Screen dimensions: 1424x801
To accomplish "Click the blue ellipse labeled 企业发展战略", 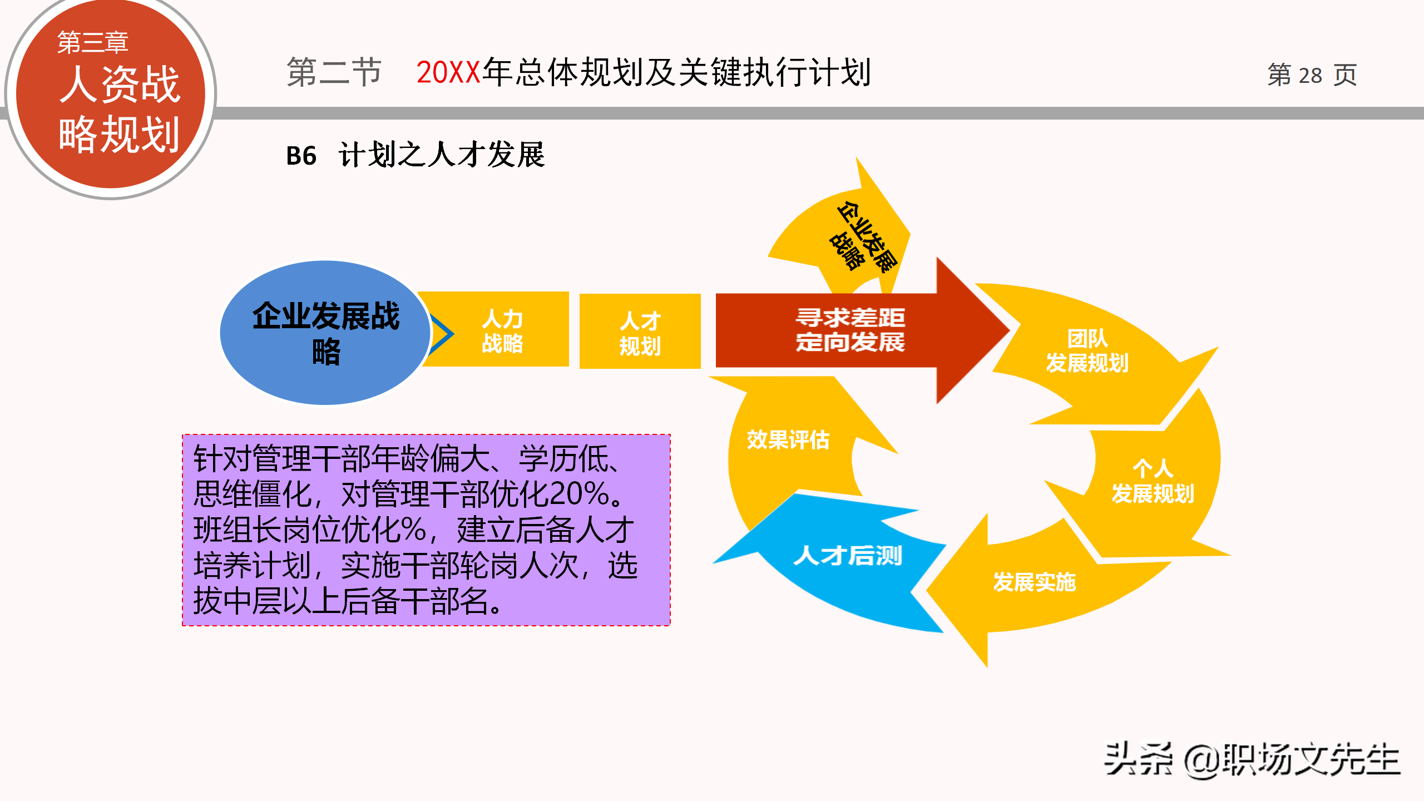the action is (x=325, y=333).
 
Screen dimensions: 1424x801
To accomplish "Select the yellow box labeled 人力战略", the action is (x=502, y=331).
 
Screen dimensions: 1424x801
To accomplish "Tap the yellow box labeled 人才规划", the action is (x=640, y=332).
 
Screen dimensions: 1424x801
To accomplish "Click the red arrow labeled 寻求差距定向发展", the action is (x=850, y=330).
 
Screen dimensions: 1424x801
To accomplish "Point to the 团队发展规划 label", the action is (x=1087, y=350).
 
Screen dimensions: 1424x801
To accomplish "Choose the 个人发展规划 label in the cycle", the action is (x=1153, y=481).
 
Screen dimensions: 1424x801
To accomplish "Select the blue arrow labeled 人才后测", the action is (x=847, y=556).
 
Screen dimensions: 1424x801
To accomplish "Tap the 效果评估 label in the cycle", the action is (x=788, y=439).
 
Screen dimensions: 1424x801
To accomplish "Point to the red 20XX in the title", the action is (x=448, y=72).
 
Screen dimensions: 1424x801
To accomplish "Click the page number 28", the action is (x=1310, y=75).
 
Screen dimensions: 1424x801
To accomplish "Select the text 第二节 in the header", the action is (x=334, y=72).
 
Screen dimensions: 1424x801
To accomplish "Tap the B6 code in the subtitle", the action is (x=301, y=156).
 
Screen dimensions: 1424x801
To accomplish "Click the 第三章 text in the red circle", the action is (x=93, y=42).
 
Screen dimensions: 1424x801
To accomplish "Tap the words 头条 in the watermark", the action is (x=1138, y=759).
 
